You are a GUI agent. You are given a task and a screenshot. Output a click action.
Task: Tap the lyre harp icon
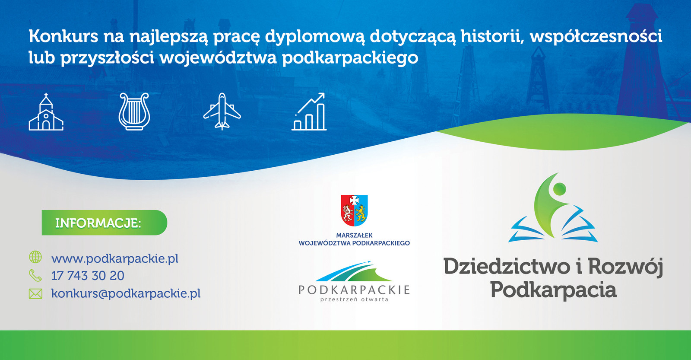134,112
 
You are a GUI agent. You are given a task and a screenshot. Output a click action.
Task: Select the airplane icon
222,112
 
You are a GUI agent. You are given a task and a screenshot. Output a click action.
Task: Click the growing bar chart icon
309,112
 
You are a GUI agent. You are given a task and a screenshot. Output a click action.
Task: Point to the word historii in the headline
492,36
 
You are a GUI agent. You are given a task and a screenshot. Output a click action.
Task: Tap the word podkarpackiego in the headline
350,58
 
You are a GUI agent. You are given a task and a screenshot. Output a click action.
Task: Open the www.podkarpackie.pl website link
115,258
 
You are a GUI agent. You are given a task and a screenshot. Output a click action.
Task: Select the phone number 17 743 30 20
88,275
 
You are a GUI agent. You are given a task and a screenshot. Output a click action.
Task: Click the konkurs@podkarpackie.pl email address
126,293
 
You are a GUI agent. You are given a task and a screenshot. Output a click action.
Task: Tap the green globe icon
35,257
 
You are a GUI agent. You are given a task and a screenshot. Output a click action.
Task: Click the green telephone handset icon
35,275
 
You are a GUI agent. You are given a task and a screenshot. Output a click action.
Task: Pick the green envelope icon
35,293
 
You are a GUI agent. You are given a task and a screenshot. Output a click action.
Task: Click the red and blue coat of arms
354,210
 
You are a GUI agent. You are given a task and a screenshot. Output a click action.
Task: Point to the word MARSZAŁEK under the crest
354,235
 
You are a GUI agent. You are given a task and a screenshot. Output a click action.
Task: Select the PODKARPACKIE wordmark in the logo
354,290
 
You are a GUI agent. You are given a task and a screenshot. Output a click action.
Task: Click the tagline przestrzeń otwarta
354,299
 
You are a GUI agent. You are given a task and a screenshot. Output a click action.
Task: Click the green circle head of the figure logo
559,189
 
